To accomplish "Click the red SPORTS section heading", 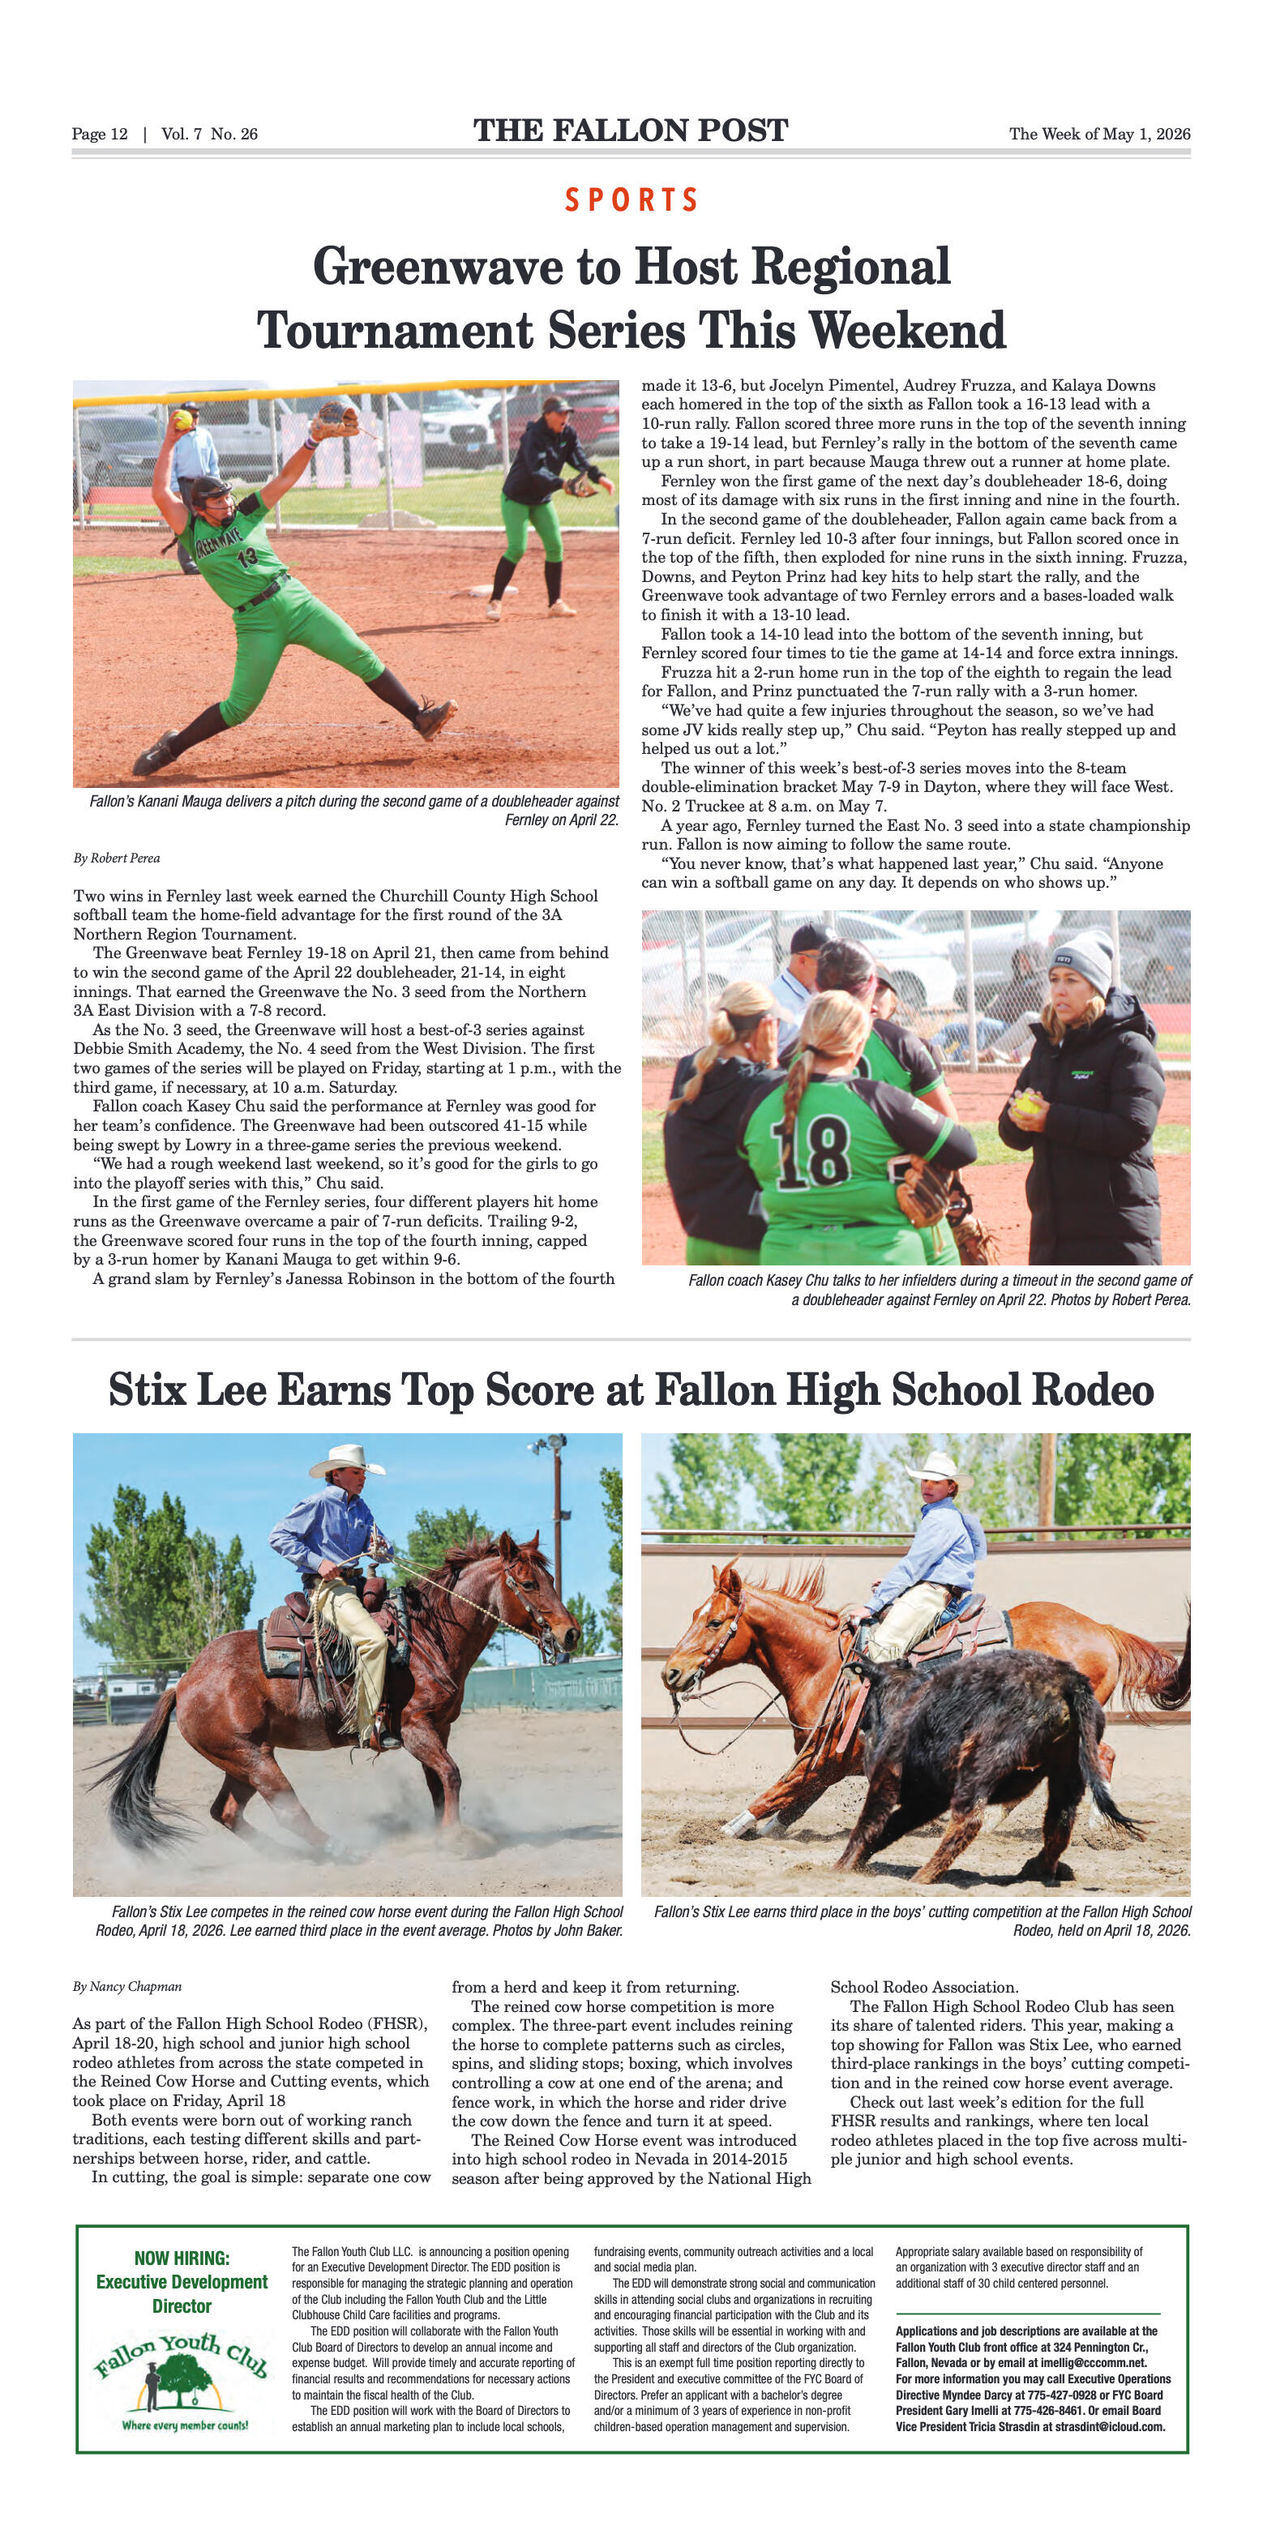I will (631, 200).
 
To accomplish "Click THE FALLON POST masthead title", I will (631, 131).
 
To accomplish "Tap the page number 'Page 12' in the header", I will (99, 135).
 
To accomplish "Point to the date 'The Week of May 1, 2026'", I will (1099, 135).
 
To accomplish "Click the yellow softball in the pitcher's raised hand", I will (182, 420).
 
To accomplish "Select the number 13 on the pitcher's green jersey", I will (246, 559).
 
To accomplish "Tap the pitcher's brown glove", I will (334, 420).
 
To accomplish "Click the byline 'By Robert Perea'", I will (117, 858).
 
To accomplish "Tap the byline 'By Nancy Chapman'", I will (126, 1987).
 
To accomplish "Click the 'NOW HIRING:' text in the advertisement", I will (182, 2258).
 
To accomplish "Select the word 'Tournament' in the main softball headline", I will (394, 332).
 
